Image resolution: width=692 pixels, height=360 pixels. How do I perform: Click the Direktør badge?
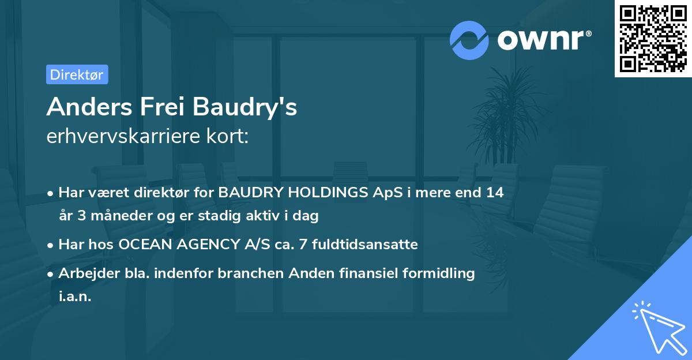point(77,74)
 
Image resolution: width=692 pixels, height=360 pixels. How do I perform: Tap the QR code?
point(653,39)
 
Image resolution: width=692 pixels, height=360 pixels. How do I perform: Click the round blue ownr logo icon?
point(469,40)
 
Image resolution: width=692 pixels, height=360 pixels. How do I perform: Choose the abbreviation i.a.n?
point(75,297)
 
